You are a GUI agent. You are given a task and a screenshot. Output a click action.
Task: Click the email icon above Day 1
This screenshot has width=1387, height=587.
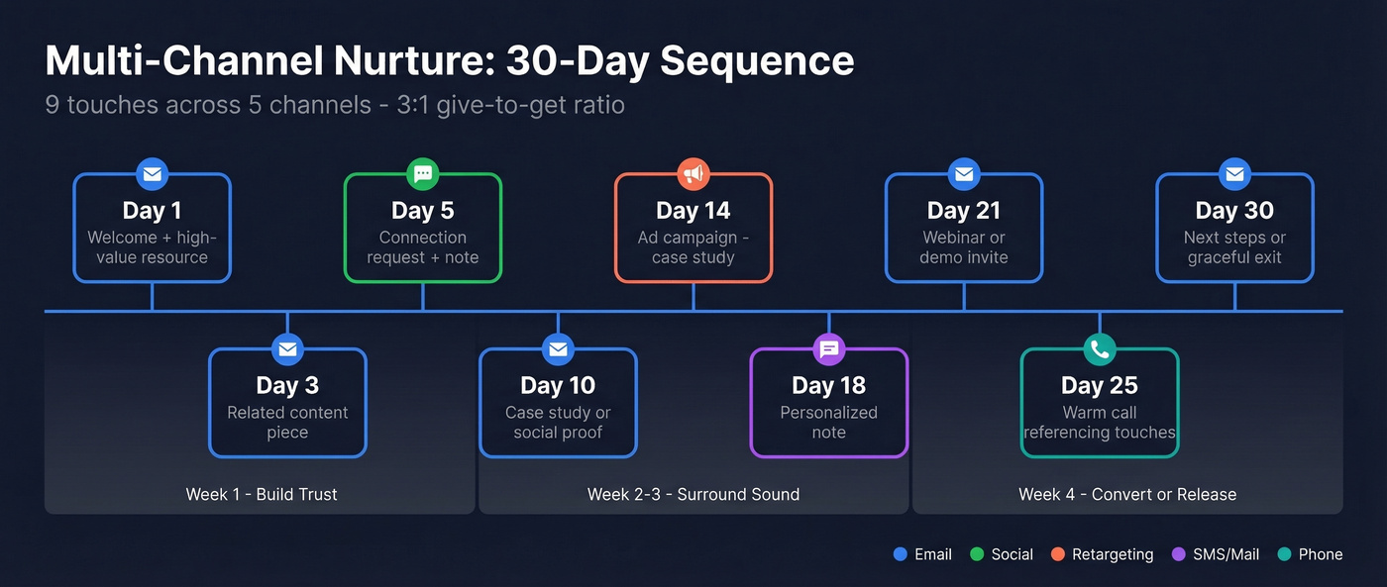point(152,174)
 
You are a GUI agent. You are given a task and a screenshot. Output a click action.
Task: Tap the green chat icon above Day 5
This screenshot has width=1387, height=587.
point(423,174)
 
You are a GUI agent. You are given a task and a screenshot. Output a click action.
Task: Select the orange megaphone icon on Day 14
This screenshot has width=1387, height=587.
point(693,174)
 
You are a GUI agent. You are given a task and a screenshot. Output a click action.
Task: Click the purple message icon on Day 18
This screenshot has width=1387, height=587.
point(829,349)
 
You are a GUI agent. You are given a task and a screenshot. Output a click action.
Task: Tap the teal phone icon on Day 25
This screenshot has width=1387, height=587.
point(1100,349)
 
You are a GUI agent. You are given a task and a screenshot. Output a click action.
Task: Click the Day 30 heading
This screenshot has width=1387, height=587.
point(1234,211)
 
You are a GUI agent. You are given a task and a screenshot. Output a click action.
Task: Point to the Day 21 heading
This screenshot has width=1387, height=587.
point(964,211)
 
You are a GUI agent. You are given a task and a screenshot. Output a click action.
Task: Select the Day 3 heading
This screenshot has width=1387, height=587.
point(287,386)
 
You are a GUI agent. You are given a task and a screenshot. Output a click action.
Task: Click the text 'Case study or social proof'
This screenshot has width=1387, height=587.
point(558,423)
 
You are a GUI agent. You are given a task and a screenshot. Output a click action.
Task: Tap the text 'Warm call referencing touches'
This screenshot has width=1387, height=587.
point(1100,423)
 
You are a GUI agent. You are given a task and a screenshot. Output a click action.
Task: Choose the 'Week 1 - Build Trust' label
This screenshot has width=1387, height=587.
point(262,494)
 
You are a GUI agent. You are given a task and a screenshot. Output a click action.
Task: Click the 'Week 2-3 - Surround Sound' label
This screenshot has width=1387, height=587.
point(693,494)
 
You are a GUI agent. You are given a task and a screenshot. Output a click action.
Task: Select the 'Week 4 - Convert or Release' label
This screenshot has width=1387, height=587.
point(1127,494)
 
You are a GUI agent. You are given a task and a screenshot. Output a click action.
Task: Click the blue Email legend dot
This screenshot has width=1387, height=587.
point(900,554)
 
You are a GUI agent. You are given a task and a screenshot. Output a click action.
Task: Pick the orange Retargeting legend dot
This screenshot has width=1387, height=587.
point(1058,554)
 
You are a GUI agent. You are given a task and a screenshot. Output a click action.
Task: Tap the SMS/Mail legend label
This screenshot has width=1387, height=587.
point(1226,554)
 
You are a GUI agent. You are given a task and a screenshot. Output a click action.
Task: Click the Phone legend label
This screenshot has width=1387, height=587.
point(1321,554)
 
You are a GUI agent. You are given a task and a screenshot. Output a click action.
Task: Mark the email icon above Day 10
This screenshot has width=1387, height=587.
point(558,349)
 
